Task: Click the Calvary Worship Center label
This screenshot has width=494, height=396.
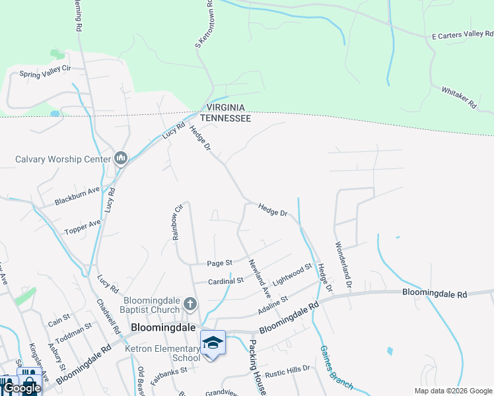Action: coord(63,159)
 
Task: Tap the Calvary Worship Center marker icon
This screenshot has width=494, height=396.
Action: coord(120,158)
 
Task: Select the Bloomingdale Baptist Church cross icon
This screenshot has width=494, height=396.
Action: coord(190,304)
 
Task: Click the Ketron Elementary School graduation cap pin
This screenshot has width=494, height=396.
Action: coord(213,343)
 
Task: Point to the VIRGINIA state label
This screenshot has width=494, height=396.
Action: coord(225,108)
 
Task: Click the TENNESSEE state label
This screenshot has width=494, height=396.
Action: coord(225,117)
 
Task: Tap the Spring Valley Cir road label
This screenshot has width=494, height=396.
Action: coord(45,74)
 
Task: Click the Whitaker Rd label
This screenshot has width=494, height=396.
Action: coord(458,96)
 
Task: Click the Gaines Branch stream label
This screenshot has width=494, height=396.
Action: coord(337,367)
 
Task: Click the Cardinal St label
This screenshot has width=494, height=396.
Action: coord(227,280)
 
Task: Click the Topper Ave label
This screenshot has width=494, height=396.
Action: coord(83,228)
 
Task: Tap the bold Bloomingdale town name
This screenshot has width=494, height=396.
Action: coord(163,327)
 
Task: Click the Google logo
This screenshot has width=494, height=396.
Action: coord(23,388)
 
